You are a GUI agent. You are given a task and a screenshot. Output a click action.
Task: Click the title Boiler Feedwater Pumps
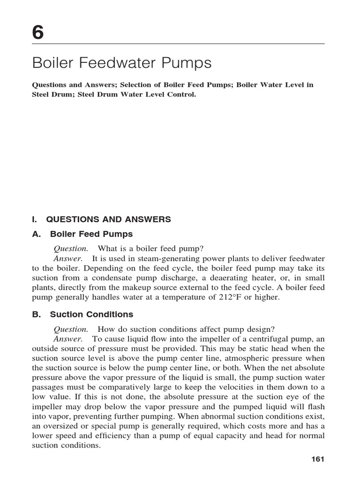click(x=115, y=63)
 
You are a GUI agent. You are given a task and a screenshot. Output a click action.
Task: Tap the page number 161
click(x=318, y=459)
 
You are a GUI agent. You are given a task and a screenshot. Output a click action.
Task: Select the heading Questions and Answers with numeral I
click(x=101, y=219)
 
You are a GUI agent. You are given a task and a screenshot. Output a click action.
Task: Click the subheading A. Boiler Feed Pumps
click(x=82, y=233)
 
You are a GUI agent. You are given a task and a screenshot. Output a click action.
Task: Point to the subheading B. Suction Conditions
click(x=82, y=315)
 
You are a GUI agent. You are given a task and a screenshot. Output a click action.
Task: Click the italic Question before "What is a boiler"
click(x=71, y=248)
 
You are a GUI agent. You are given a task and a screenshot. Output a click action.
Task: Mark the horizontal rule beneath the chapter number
click(x=178, y=44)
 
